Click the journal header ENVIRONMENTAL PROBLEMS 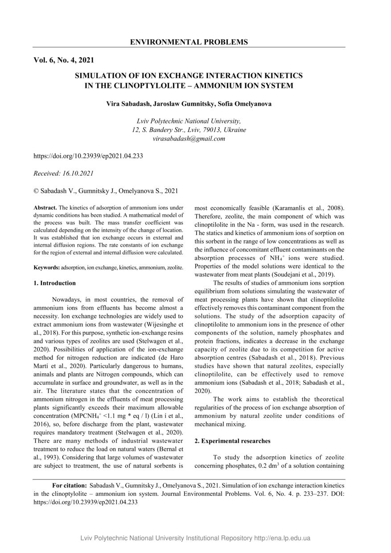click(189, 42)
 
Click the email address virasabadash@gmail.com click(189, 139)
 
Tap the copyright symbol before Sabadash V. click(36, 191)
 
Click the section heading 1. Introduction click(55, 283)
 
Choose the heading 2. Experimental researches click(233, 441)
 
